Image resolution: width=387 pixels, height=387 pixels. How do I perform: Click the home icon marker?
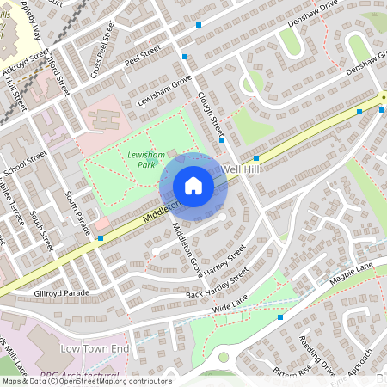[x=193, y=186]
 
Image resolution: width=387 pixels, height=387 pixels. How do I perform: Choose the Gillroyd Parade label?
[x=61, y=293]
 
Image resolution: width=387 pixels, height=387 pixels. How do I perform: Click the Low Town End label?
[x=95, y=348]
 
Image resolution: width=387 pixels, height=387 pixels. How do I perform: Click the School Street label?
[x=26, y=163]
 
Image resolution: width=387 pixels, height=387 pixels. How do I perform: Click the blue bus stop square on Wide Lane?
[x=279, y=316]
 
